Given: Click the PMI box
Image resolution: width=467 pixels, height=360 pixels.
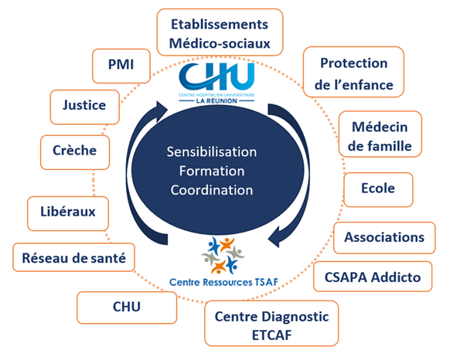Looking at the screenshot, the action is pyautogui.click(x=121, y=66).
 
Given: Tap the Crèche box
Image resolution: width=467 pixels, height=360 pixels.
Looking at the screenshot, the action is pyautogui.click(x=75, y=152).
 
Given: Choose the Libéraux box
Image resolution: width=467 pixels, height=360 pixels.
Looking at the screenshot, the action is pyautogui.click(x=68, y=213).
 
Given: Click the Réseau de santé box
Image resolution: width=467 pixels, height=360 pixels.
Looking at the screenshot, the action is pyautogui.click(x=74, y=257).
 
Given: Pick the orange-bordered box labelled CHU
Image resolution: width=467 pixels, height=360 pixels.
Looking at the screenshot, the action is pyautogui.click(x=127, y=307).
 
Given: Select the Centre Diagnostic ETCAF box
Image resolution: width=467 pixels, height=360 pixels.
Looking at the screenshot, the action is pyautogui.click(x=271, y=324).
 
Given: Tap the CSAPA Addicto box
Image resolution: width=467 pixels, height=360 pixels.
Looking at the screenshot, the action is pyautogui.click(x=373, y=277).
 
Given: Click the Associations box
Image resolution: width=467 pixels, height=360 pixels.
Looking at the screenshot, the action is pyautogui.click(x=384, y=238).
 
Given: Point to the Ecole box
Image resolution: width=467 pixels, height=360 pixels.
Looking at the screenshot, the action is pyautogui.click(x=378, y=189).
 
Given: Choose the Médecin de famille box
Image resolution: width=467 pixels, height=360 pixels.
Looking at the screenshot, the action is pyautogui.click(x=380, y=134).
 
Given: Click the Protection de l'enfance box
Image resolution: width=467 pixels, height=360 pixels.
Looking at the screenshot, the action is pyautogui.click(x=354, y=72).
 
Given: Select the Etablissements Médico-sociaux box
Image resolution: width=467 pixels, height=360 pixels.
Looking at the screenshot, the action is pyautogui.click(x=220, y=32).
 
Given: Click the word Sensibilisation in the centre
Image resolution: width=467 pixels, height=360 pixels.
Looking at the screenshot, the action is pyautogui.click(x=212, y=152).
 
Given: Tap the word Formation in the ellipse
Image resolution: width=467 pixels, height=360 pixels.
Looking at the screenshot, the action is pyautogui.click(x=212, y=171).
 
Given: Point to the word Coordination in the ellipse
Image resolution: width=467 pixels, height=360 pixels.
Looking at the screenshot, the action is pyautogui.click(x=212, y=190).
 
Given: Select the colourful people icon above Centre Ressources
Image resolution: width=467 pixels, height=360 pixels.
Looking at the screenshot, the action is pyautogui.click(x=223, y=255).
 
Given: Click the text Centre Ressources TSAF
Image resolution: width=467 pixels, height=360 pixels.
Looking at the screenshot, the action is pyautogui.click(x=223, y=282).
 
